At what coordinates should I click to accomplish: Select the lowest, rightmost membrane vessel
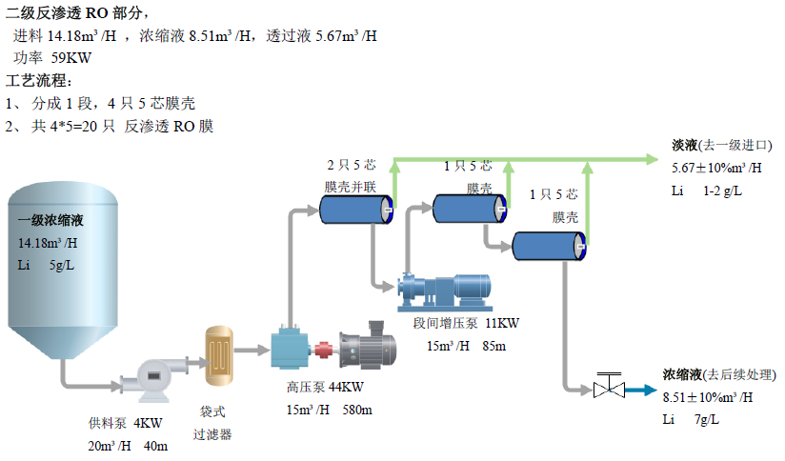point(548,245)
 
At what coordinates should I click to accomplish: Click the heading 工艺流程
point(39,80)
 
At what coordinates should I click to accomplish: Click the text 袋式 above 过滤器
point(212,412)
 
